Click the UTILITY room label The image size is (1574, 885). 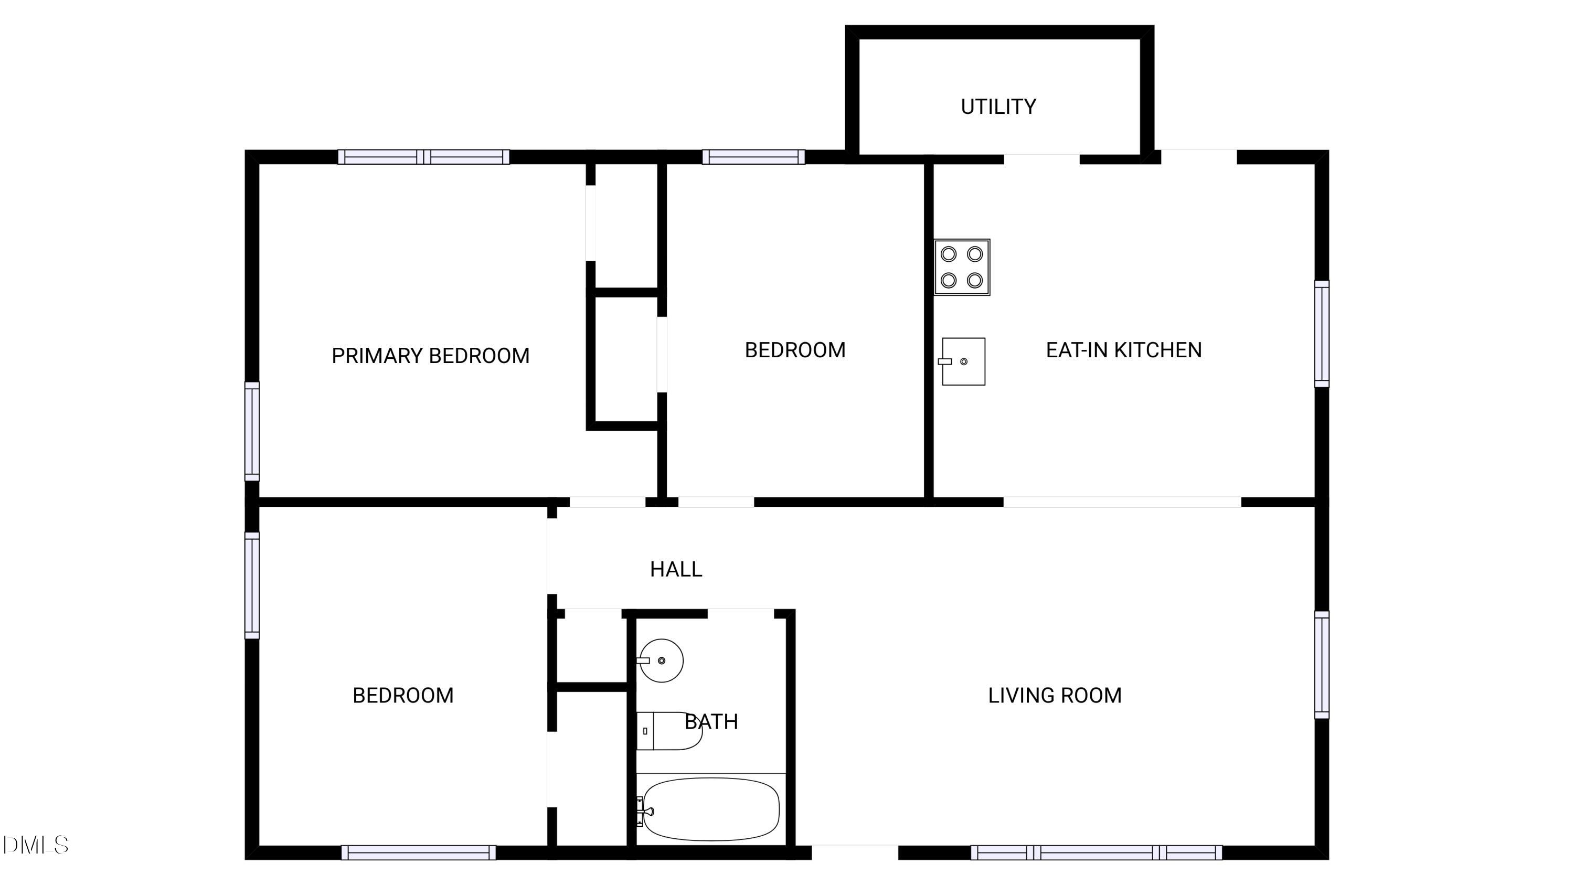998,107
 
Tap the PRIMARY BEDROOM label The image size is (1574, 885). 430,356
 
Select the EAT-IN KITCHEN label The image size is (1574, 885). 1124,350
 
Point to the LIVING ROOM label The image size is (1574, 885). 1055,695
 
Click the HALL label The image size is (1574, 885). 676,569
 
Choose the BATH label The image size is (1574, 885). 711,721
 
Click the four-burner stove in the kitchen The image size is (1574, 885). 962,267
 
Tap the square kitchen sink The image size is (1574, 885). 962,361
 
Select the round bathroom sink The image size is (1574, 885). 660,660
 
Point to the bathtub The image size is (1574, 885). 710,809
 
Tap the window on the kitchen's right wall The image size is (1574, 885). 1322,334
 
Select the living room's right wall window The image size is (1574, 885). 1322,665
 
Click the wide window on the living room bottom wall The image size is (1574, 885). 1096,852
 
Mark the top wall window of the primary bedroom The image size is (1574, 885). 424,157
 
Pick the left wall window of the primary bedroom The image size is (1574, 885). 252,431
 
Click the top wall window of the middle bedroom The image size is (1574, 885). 753,157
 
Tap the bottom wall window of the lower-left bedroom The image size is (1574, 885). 419,852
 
